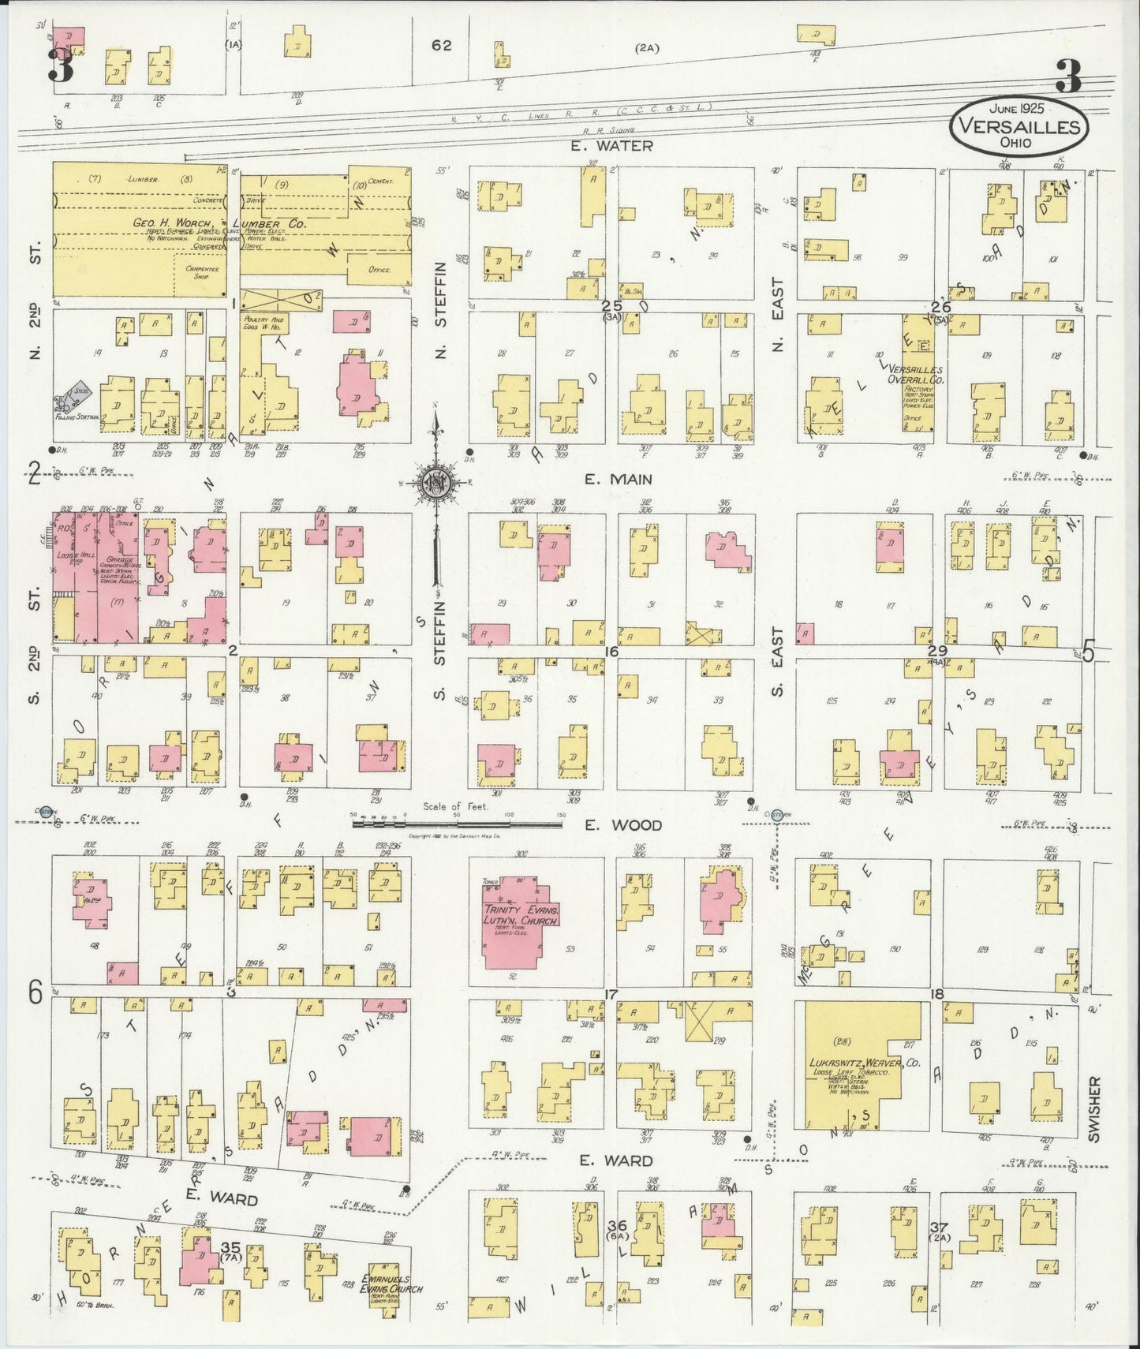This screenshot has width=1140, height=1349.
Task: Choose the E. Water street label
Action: [x=614, y=145]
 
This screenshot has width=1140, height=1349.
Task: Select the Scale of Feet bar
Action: [x=457, y=824]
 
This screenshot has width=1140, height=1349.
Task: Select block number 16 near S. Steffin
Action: [x=611, y=652]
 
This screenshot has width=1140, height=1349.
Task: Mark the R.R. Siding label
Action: [x=606, y=130]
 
